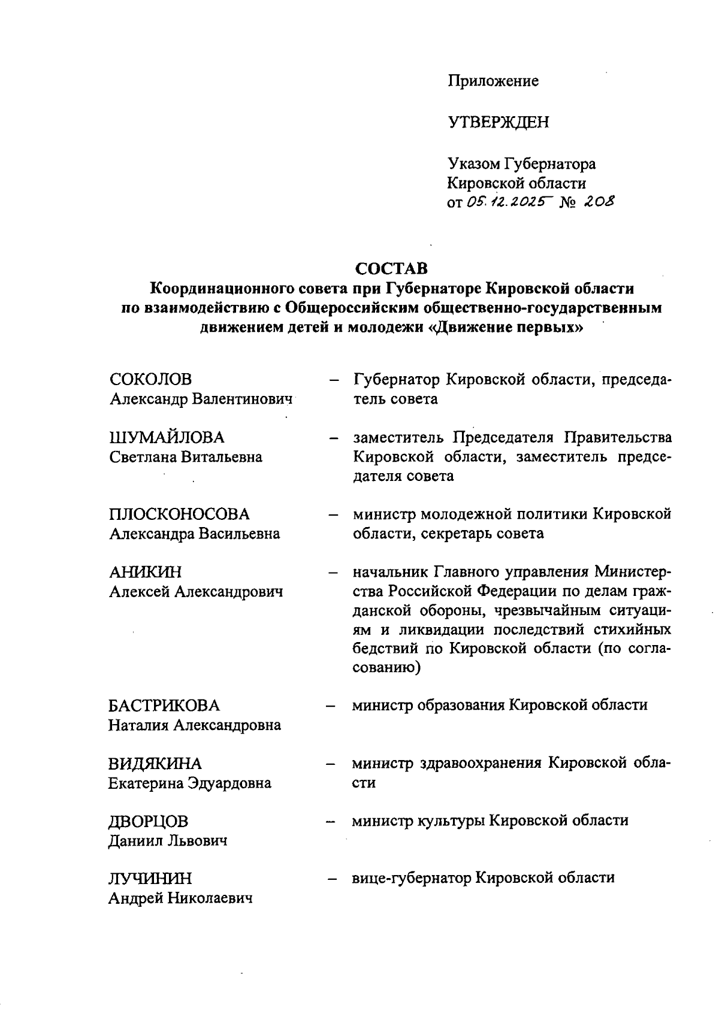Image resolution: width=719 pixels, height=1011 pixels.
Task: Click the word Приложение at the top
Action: (x=493, y=81)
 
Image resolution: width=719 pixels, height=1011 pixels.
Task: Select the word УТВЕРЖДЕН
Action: (x=498, y=123)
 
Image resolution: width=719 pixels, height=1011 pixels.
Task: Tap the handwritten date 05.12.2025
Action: (x=507, y=203)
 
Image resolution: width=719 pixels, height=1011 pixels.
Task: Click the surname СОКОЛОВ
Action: (x=151, y=379)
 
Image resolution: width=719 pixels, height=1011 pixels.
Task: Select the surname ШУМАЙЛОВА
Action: (x=167, y=437)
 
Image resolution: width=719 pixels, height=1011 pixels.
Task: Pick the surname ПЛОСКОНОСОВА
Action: (x=179, y=514)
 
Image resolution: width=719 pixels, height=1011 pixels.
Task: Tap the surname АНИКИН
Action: (x=146, y=572)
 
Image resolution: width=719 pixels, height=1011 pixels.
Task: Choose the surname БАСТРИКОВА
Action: (x=164, y=706)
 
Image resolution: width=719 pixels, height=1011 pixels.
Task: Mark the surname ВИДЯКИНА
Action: (x=155, y=764)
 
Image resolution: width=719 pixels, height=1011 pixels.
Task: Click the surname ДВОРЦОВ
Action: (x=148, y=821)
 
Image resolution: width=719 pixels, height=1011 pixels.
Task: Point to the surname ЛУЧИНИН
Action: (x=150, y=879)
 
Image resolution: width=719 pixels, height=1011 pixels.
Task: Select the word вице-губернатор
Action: (x=412, y=878)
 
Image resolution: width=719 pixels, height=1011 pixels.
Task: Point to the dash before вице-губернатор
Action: (x=330, y=879)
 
